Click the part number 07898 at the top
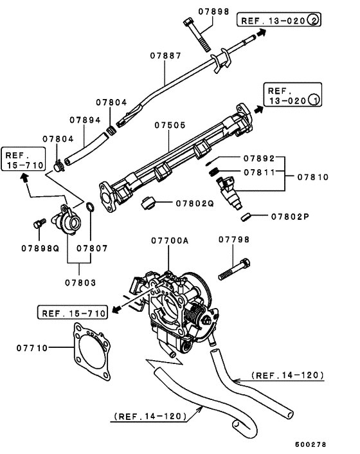coord(213,11)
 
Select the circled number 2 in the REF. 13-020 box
coord(313,20)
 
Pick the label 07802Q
coord(195,203)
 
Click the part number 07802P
coord(289,217)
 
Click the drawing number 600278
coord(311,444)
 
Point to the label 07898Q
coord(40,248)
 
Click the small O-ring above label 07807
coord(91,207)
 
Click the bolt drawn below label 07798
coord(235,269)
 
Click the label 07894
coord(85,120)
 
